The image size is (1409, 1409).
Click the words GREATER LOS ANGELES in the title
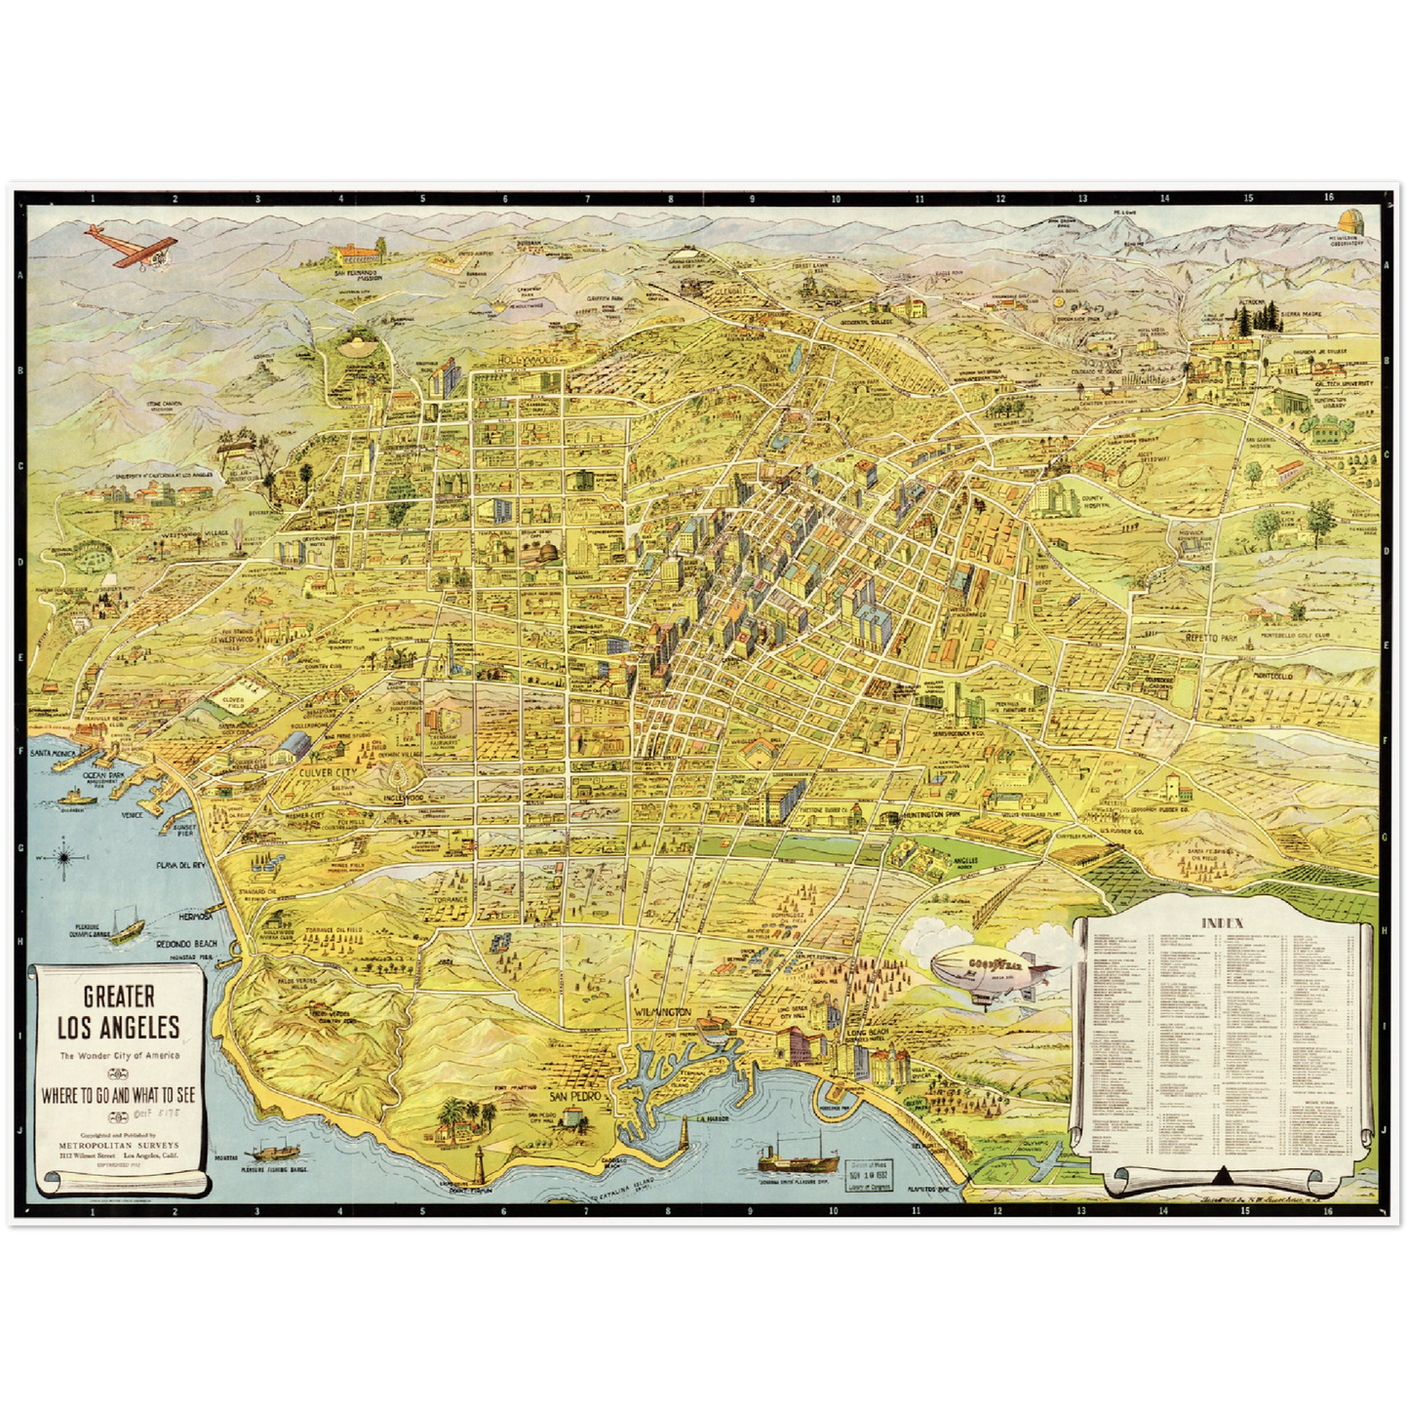[118, 1011]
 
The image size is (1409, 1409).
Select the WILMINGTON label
[662, 1012]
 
